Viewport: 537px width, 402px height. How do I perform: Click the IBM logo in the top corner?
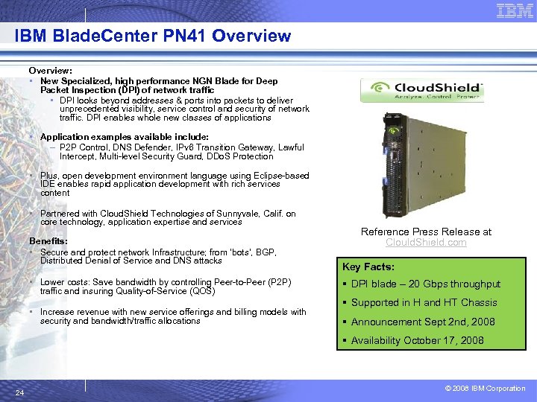[x=514, y=10]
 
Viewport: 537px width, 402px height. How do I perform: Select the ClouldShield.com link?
[x=426, y=242]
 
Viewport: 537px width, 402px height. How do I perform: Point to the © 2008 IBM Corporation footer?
[x=485, y=389]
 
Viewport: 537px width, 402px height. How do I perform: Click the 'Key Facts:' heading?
[x=368, y=267]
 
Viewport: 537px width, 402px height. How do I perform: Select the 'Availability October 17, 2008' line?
[x=417, y=340]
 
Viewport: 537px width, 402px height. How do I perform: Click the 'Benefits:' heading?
[x=48, y=241]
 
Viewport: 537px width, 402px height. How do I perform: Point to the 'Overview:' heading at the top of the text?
[x=50, y=70]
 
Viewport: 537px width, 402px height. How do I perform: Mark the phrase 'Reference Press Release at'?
[x=426, y=232]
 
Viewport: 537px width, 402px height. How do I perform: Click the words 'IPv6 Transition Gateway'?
[x=210, y=147]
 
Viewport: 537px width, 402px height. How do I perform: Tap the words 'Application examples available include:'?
[x=124, y=137]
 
